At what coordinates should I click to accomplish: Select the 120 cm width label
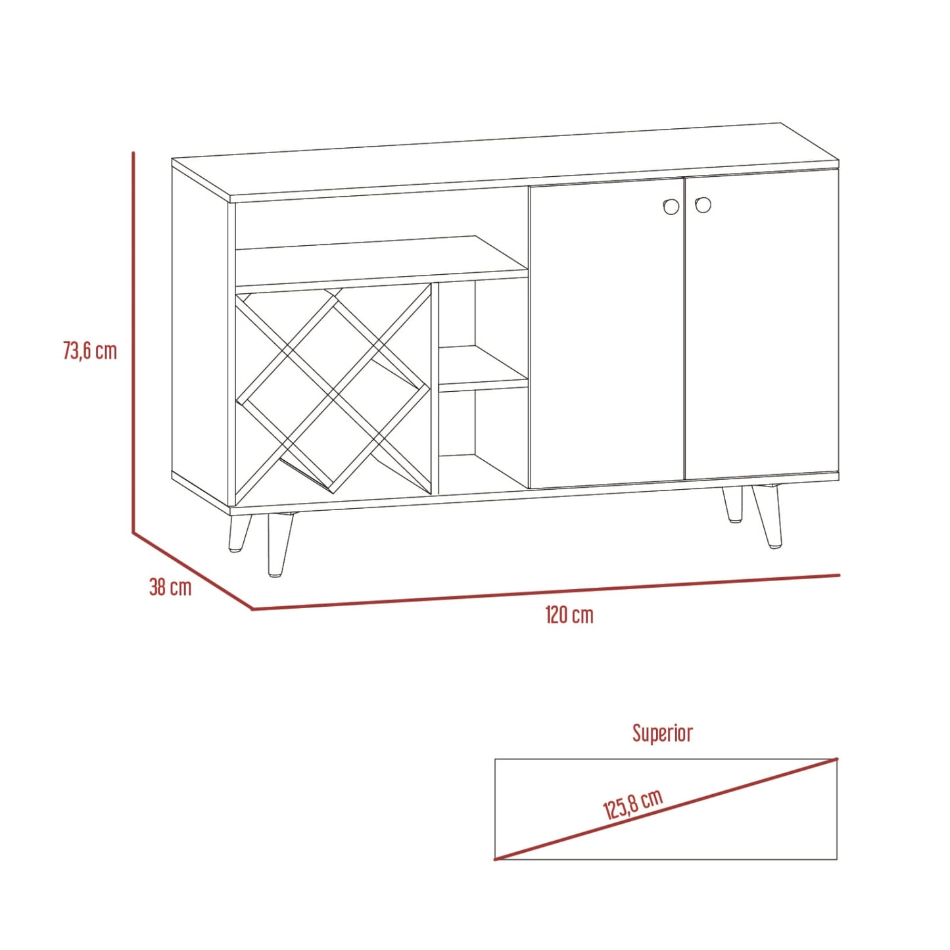569,615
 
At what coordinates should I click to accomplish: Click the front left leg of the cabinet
279,544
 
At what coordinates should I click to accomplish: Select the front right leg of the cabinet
768,516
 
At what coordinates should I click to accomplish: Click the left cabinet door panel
606,333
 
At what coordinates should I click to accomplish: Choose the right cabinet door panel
762,326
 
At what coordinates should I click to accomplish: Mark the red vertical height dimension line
133,343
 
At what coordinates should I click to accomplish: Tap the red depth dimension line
193,571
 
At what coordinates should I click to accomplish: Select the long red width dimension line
546,592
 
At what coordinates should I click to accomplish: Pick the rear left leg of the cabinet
239,533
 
